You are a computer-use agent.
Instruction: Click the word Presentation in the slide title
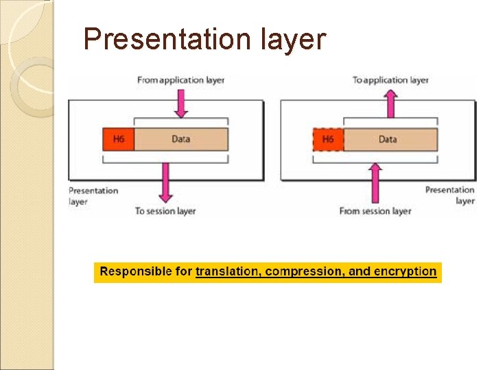click(167, 39)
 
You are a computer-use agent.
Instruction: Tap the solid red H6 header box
click(118, 139)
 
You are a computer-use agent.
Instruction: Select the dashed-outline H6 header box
click(327, 140)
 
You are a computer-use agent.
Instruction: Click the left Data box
click(180, 139)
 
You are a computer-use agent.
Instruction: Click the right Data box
click(388, 140)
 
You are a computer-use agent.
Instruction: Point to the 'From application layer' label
click(180, 80)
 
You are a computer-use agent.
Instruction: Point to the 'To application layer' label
click(390, 80)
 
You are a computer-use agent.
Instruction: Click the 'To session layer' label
click(165, 211)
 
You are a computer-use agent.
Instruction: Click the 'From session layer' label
click(375, 211)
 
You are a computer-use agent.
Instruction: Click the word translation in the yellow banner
click(227, 271)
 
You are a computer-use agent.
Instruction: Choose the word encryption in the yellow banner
click(404, 271)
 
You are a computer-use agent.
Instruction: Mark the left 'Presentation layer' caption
click(93, 196)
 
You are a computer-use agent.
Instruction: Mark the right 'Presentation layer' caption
click(450, 195)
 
